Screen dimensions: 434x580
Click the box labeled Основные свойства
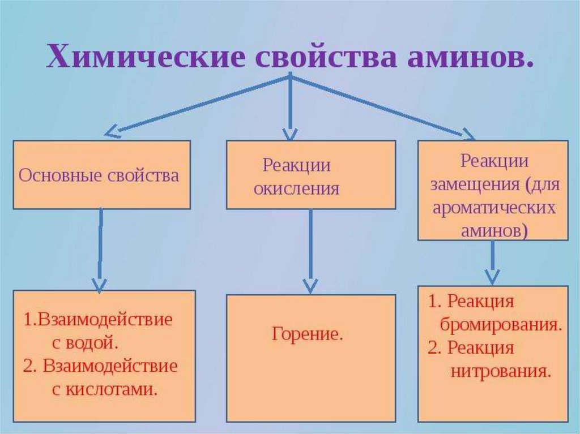(x=101, y=175)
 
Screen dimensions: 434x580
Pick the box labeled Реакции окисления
(x=311, y=175)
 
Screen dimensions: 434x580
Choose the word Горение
(x=308, y=334)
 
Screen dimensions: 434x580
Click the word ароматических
(x=493, y=208)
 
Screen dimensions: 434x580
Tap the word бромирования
(x=500, y=325)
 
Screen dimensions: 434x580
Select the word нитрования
(x=501, y=371)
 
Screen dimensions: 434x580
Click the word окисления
(x=296, y=188)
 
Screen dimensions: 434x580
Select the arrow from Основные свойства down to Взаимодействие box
(x=100, y=249)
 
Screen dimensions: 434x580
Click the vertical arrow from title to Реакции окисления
(x=290, y=108)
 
